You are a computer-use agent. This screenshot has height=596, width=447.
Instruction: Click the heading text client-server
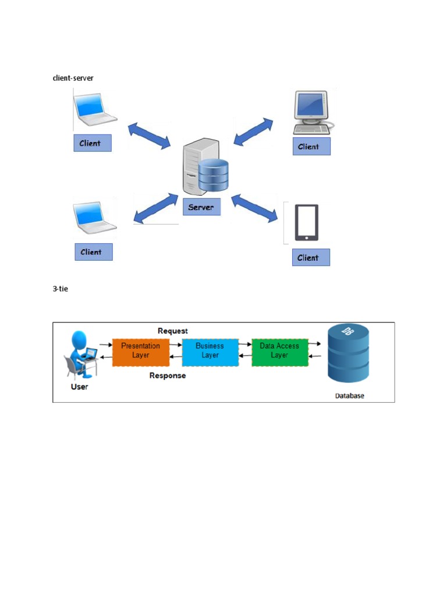coord(73,78)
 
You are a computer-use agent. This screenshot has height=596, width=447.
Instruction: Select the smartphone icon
coord(307,222)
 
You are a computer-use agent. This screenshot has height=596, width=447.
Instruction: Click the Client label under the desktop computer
coord(311,147)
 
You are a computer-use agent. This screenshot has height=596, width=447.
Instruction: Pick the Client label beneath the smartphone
coord(311,257)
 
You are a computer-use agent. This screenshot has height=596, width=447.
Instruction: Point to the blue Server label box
coord(201,207)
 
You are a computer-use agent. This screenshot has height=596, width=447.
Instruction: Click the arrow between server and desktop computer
coord(253,131)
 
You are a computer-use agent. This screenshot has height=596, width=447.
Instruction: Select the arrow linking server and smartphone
coord(254,208)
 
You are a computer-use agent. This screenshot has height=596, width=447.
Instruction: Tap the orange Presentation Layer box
coord(140,350)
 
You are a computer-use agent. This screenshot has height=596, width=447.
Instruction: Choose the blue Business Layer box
coord(210,350)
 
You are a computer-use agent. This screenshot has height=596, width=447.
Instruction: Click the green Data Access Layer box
coord(279,350)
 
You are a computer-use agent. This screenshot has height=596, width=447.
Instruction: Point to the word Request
coord(173,331)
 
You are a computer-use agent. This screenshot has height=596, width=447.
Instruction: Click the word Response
coord(168,375)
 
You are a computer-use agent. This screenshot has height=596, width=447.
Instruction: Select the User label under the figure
coord(80,386)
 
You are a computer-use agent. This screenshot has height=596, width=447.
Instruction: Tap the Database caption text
coord(349,396)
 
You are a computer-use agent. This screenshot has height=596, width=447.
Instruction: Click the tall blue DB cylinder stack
coord(348,354)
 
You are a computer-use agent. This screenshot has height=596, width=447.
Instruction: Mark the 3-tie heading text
coord(61,289)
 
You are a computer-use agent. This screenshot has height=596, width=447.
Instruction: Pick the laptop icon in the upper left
coord(95,109)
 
